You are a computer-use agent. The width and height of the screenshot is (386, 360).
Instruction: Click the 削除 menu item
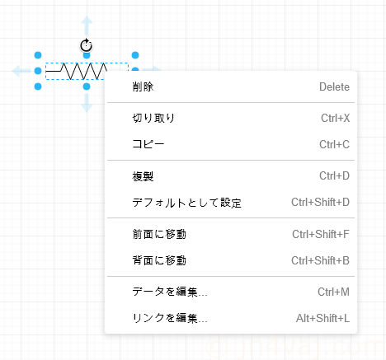tap(143, 86)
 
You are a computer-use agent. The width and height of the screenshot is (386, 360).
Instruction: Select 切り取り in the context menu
tap(153, 118)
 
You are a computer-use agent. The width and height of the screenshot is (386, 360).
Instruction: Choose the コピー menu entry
tap(148, 144)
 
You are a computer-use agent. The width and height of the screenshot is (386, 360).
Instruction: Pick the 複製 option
tap(143, 176)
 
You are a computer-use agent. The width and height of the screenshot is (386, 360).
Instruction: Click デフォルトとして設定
tap(186, 203)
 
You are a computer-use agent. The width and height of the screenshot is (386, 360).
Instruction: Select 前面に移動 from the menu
tap(159, 234)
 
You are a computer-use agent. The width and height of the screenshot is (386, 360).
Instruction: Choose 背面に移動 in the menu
tap(159, 260)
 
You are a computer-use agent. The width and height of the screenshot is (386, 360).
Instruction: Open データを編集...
tap(170, 292)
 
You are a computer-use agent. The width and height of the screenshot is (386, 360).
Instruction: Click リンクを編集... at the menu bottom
tap(170, 318)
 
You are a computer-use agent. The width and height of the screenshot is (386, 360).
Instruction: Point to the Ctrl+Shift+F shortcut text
tap(321, 234)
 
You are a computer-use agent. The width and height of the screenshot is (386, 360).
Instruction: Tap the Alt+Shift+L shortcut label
tap(322, 318)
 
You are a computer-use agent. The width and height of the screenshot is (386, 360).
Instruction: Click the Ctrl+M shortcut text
tap(333, 292)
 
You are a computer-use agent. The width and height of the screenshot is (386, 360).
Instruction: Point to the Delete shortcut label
tap(334, 86)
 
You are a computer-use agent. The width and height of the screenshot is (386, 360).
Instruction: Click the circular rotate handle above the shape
tap(87, 45)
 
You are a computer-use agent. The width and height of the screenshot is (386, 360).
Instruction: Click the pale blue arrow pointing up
tap(87, 25)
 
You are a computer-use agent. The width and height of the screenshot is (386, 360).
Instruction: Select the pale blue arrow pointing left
tap(21, 71)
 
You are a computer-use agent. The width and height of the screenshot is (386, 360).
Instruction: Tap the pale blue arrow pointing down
tap(87, 103)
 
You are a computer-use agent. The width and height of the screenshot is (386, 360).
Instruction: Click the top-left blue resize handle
tap(38, 55)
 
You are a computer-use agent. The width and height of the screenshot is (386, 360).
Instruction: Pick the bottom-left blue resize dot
tap(38, 86)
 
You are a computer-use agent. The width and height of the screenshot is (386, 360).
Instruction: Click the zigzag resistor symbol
tap(77, 71)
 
